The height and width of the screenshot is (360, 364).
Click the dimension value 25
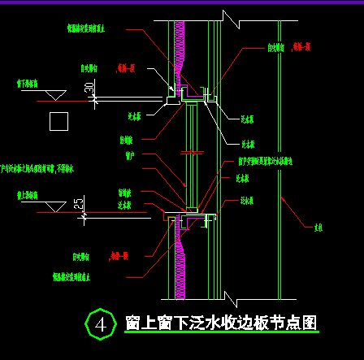point(79,204)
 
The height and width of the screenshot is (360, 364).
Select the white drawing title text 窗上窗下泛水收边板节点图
point(219,323)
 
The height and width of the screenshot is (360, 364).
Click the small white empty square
point(58,122)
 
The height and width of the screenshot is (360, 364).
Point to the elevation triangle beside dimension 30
point(54,96)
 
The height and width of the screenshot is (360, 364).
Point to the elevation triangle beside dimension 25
point(54,209)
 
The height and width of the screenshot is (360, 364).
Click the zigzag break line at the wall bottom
point(230,288)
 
